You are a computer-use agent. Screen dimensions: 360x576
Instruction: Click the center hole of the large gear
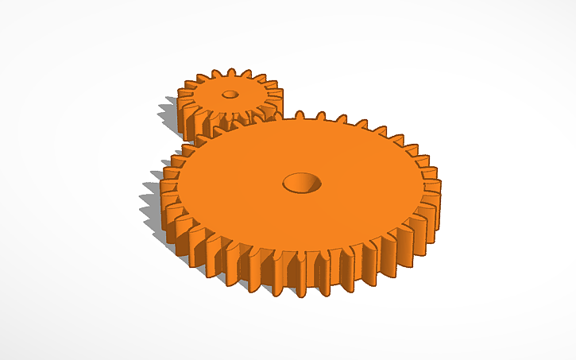[x=303, y=184]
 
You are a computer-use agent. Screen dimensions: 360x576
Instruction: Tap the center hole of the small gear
[x=230, y=94]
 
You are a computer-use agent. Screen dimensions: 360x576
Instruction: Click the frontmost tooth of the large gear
[x=300, y=278]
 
